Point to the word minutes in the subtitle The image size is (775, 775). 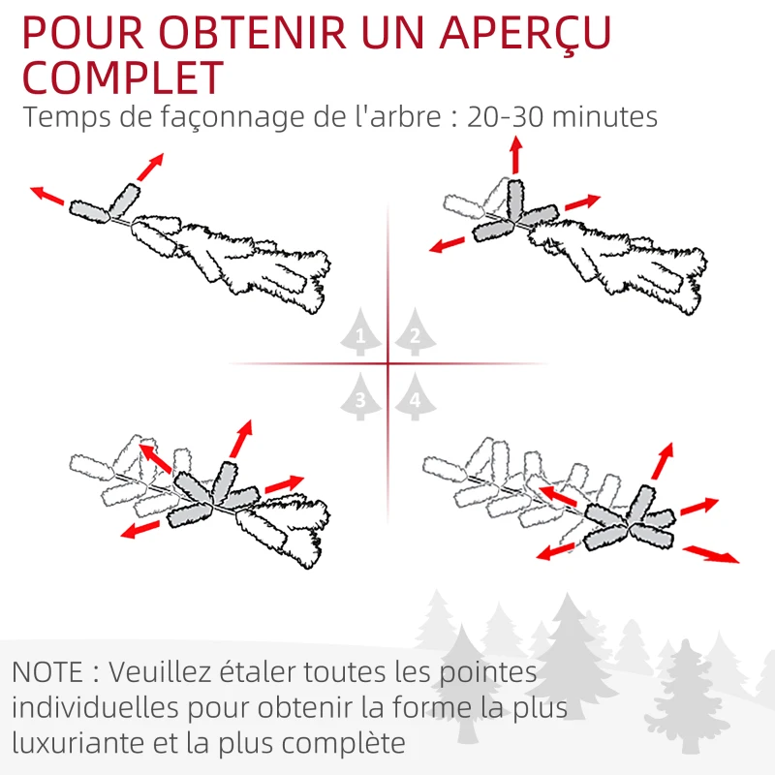pos(606,117)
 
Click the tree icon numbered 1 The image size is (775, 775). pos(361,334)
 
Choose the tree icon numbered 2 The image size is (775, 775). pos(414,334)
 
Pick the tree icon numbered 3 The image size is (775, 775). pos(361,397)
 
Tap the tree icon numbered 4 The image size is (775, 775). pos(415,397)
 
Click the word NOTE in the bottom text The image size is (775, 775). pos(49,671)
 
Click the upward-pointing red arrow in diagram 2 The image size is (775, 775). pos(515,155)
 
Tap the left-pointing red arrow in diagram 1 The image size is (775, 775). pos(47,196)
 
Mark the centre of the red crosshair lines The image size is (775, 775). pos(387,364)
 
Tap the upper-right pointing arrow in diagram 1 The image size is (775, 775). pos(150,167)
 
